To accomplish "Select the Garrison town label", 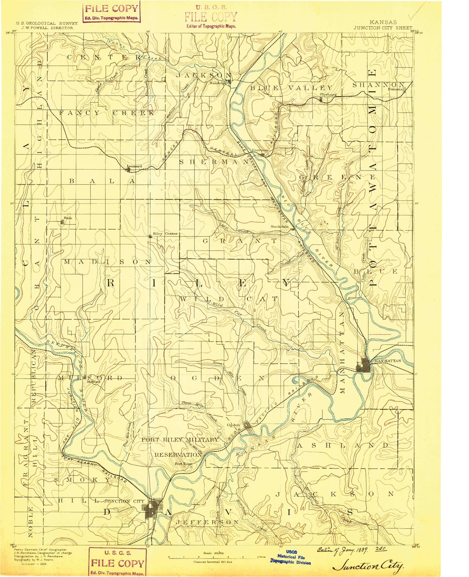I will pos(260,150).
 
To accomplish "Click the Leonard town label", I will pos(134,166).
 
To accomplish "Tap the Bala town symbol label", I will pos(68,218).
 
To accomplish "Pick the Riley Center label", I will pos(165,233).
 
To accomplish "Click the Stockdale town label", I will pos(280,227).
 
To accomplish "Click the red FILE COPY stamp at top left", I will pos(111,12).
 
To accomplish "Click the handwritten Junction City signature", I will pos(368,567).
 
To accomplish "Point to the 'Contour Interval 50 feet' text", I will pos(213,561).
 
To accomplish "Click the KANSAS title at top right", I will pos(383,22).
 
